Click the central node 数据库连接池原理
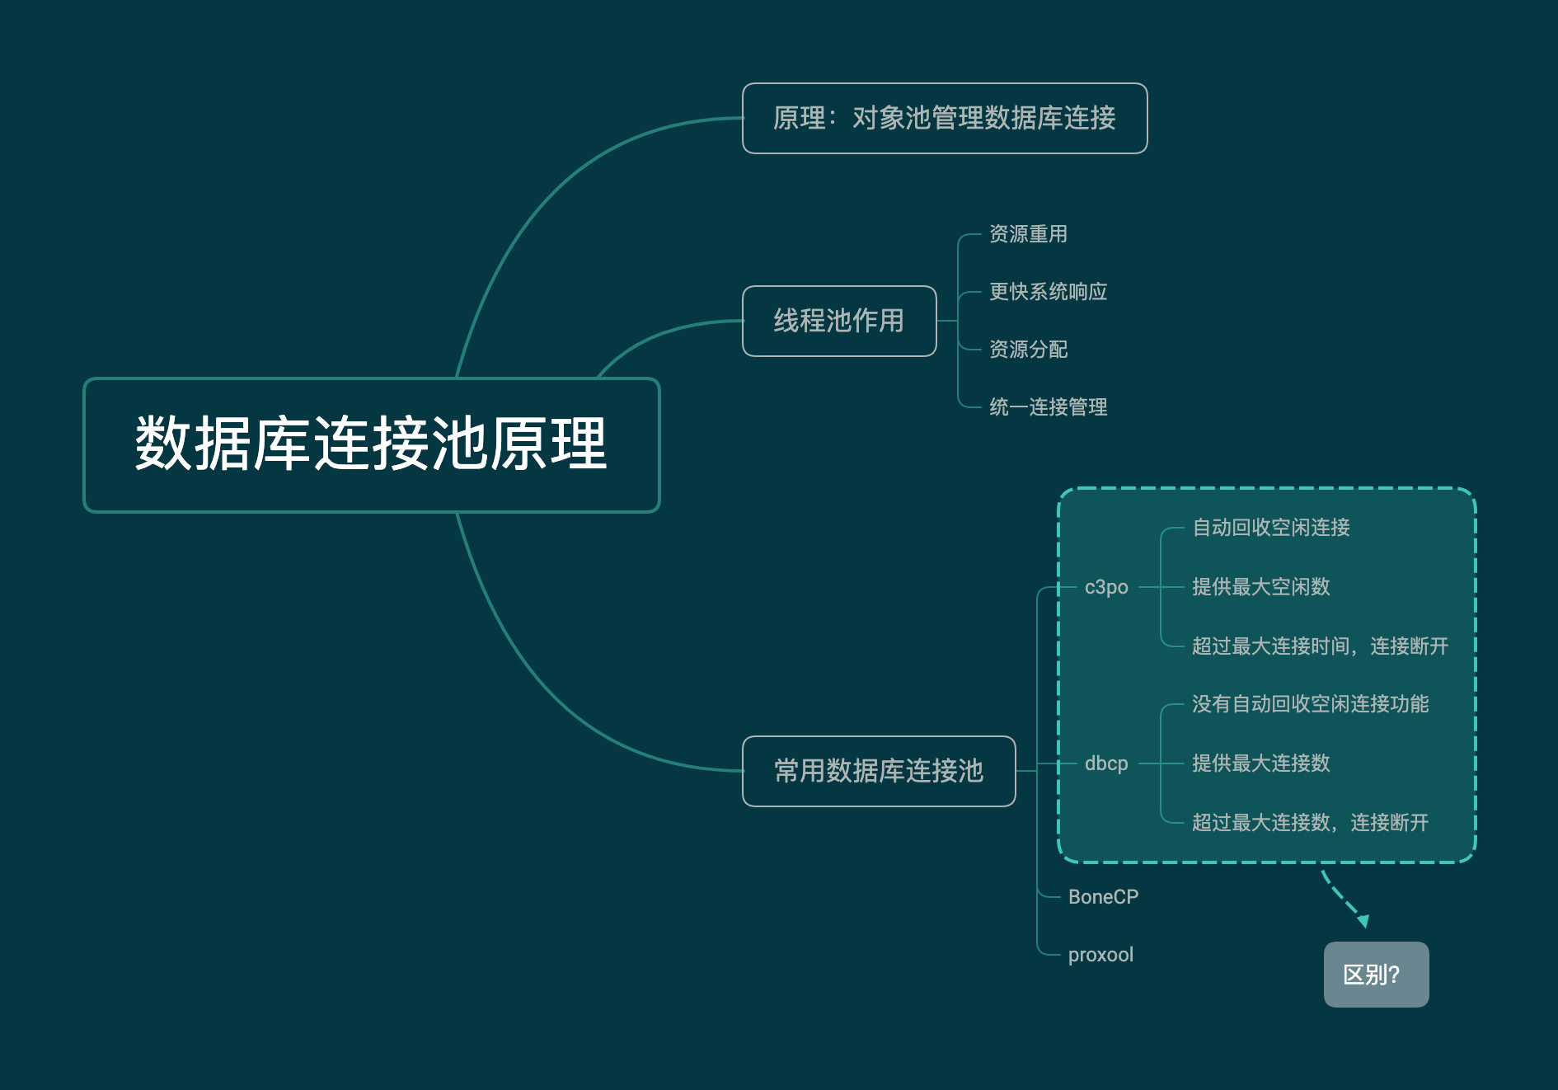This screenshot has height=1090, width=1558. (x=371, y=444)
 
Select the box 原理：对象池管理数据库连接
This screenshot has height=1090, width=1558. (x=945, y=118)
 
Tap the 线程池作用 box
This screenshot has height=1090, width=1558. (x=839, y=321)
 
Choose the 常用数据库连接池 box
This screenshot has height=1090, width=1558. (x=879, y=771)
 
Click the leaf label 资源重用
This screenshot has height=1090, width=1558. (x=1028, y=234)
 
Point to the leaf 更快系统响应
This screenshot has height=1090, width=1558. (x=1048, y=292)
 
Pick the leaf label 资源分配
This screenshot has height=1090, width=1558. (x=1028, y=350)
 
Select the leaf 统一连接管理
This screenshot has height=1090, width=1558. (x=1048, y=407)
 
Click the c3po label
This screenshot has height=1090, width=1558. (x=1106, y=587)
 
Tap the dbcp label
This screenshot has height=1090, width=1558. (x=1106, y=763)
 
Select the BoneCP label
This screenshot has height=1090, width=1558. (x=1103, y=897)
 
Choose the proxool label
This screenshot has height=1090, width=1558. (x=1100, y=955)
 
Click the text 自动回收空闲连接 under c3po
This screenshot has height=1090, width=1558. (x=1270, y=528)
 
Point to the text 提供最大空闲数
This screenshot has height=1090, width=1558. (x=1260, y=587)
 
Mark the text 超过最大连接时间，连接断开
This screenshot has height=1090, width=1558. (x=1320, y=646)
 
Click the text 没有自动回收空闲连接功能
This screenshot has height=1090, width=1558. (x=1310, y=704)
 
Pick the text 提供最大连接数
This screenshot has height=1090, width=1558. (x=1260, y=763)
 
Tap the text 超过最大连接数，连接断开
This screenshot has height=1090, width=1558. (x=1310, y=823)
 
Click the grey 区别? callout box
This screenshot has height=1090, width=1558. (x=1376, y=975)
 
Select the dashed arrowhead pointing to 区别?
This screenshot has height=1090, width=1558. (x=1363, y=921)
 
